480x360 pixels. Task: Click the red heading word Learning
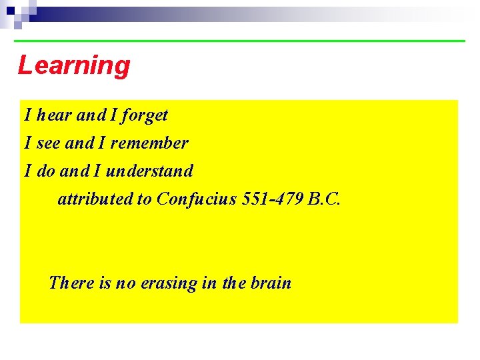pyautogui.click(x=74, y=66)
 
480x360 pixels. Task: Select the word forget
pyautogui.click(x=145, y=116)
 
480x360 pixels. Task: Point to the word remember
pyautogui.click(x=149, y=143)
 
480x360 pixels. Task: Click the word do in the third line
pyautogui.click(x=46, y=171)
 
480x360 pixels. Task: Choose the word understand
pyautogui.click(x=149, y=171)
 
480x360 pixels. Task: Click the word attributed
pyautogui.click(x=95, y=199)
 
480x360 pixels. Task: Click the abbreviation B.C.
pyautogui.click(x=325, y=199)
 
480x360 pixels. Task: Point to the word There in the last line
pyautogui.click(x=71, y=283)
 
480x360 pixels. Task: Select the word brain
pyautogui.click(x=271, y=283)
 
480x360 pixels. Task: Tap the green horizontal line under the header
pyautogui.click(x=240, y=41)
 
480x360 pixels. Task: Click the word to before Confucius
pyautogui.click(x=145, y=199)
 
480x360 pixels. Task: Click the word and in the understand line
pyautogui.click(x=73, y=171)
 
